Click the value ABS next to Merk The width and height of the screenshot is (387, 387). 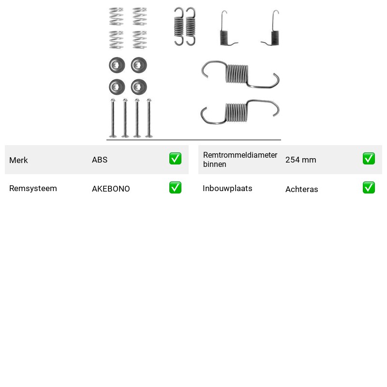100,160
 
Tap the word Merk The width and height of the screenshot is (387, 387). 18,160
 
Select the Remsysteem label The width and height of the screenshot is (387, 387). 33,188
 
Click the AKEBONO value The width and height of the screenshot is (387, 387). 111,189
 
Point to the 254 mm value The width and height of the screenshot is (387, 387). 300,160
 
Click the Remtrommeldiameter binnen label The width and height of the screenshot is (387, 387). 240,160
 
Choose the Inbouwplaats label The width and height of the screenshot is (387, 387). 227,188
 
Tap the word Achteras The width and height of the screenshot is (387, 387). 301,189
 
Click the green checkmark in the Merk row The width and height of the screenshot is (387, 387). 175,159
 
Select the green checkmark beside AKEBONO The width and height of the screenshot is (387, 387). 175,188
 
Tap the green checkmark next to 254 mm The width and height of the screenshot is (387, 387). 369,159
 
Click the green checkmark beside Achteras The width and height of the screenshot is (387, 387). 369,188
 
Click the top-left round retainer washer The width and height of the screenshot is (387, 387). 117,65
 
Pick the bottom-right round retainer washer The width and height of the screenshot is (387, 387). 139,87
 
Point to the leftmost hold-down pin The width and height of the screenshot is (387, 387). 113,118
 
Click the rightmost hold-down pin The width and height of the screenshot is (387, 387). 149,118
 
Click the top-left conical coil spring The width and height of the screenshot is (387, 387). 116,16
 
